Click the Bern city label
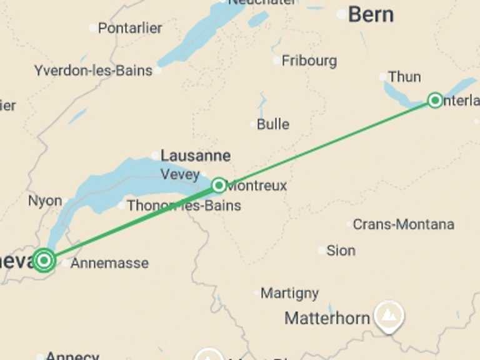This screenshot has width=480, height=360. pyautogui.click(x=371, y=14)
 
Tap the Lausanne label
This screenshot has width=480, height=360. pyautogui.click(x=196, y=156)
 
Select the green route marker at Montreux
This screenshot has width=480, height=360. pyautogui.click(x=219, y=185)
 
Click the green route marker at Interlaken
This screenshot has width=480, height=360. pyautogui.click(x=435, y=100)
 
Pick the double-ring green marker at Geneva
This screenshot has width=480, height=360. pyautogui.click(x=44, y=259)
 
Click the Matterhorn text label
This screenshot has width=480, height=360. pyautogui.click(x=327, y=319)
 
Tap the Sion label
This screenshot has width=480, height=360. pyautogui.click(x=341, y=251)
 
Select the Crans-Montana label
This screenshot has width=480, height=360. pyautogui.click(x=403, y=224)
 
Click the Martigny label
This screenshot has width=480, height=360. pyautogui.click(x=289, y=292)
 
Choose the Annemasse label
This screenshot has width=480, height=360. pyautogui.click(x=109, y=263)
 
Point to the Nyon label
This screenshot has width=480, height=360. pyautogui.click(x=45, y=201)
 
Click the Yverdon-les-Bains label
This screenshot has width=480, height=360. pyautogui.click(x=93, y=71)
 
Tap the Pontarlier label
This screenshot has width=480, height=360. pyautogui.click(x=130, y=28)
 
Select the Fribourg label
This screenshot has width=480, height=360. pyautogui.click(x=309, y=61)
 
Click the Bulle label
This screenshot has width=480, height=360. pyautogui.click(x=273, y=124)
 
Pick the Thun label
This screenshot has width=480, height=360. pyautogui.click(x=404, y=77)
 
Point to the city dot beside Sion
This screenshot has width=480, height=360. pyautogui.click(x=322, y=251)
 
